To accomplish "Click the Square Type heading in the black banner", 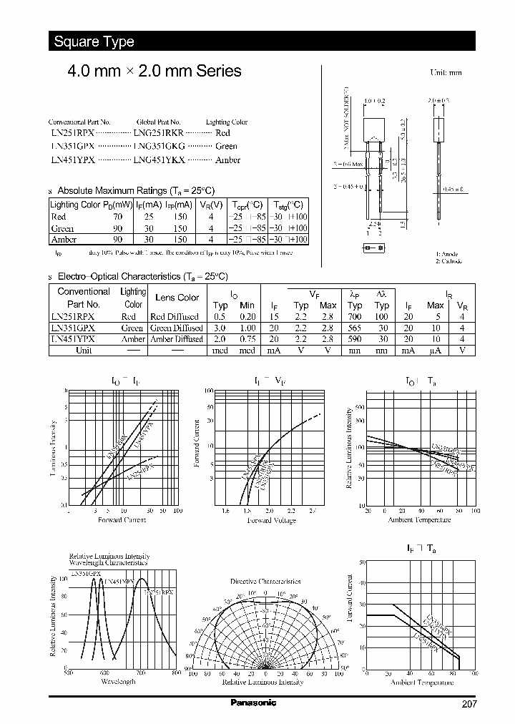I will [94, 41].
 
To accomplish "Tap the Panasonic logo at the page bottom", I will [253, 703].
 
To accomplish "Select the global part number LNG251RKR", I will [159, 133].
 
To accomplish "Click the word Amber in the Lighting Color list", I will [227, 160].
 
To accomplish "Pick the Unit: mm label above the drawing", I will [446, 73].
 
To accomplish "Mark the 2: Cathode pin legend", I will [449, 261].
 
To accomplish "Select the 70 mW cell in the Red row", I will [118, 215].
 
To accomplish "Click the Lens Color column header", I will [177, 298].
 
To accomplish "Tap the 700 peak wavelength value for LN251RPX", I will [355, 316].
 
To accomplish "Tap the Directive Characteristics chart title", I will [265, 582].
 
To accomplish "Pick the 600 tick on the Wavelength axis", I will [104, 673].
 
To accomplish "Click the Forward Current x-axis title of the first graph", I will [122, 519].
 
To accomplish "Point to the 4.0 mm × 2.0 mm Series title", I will [154, 71].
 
